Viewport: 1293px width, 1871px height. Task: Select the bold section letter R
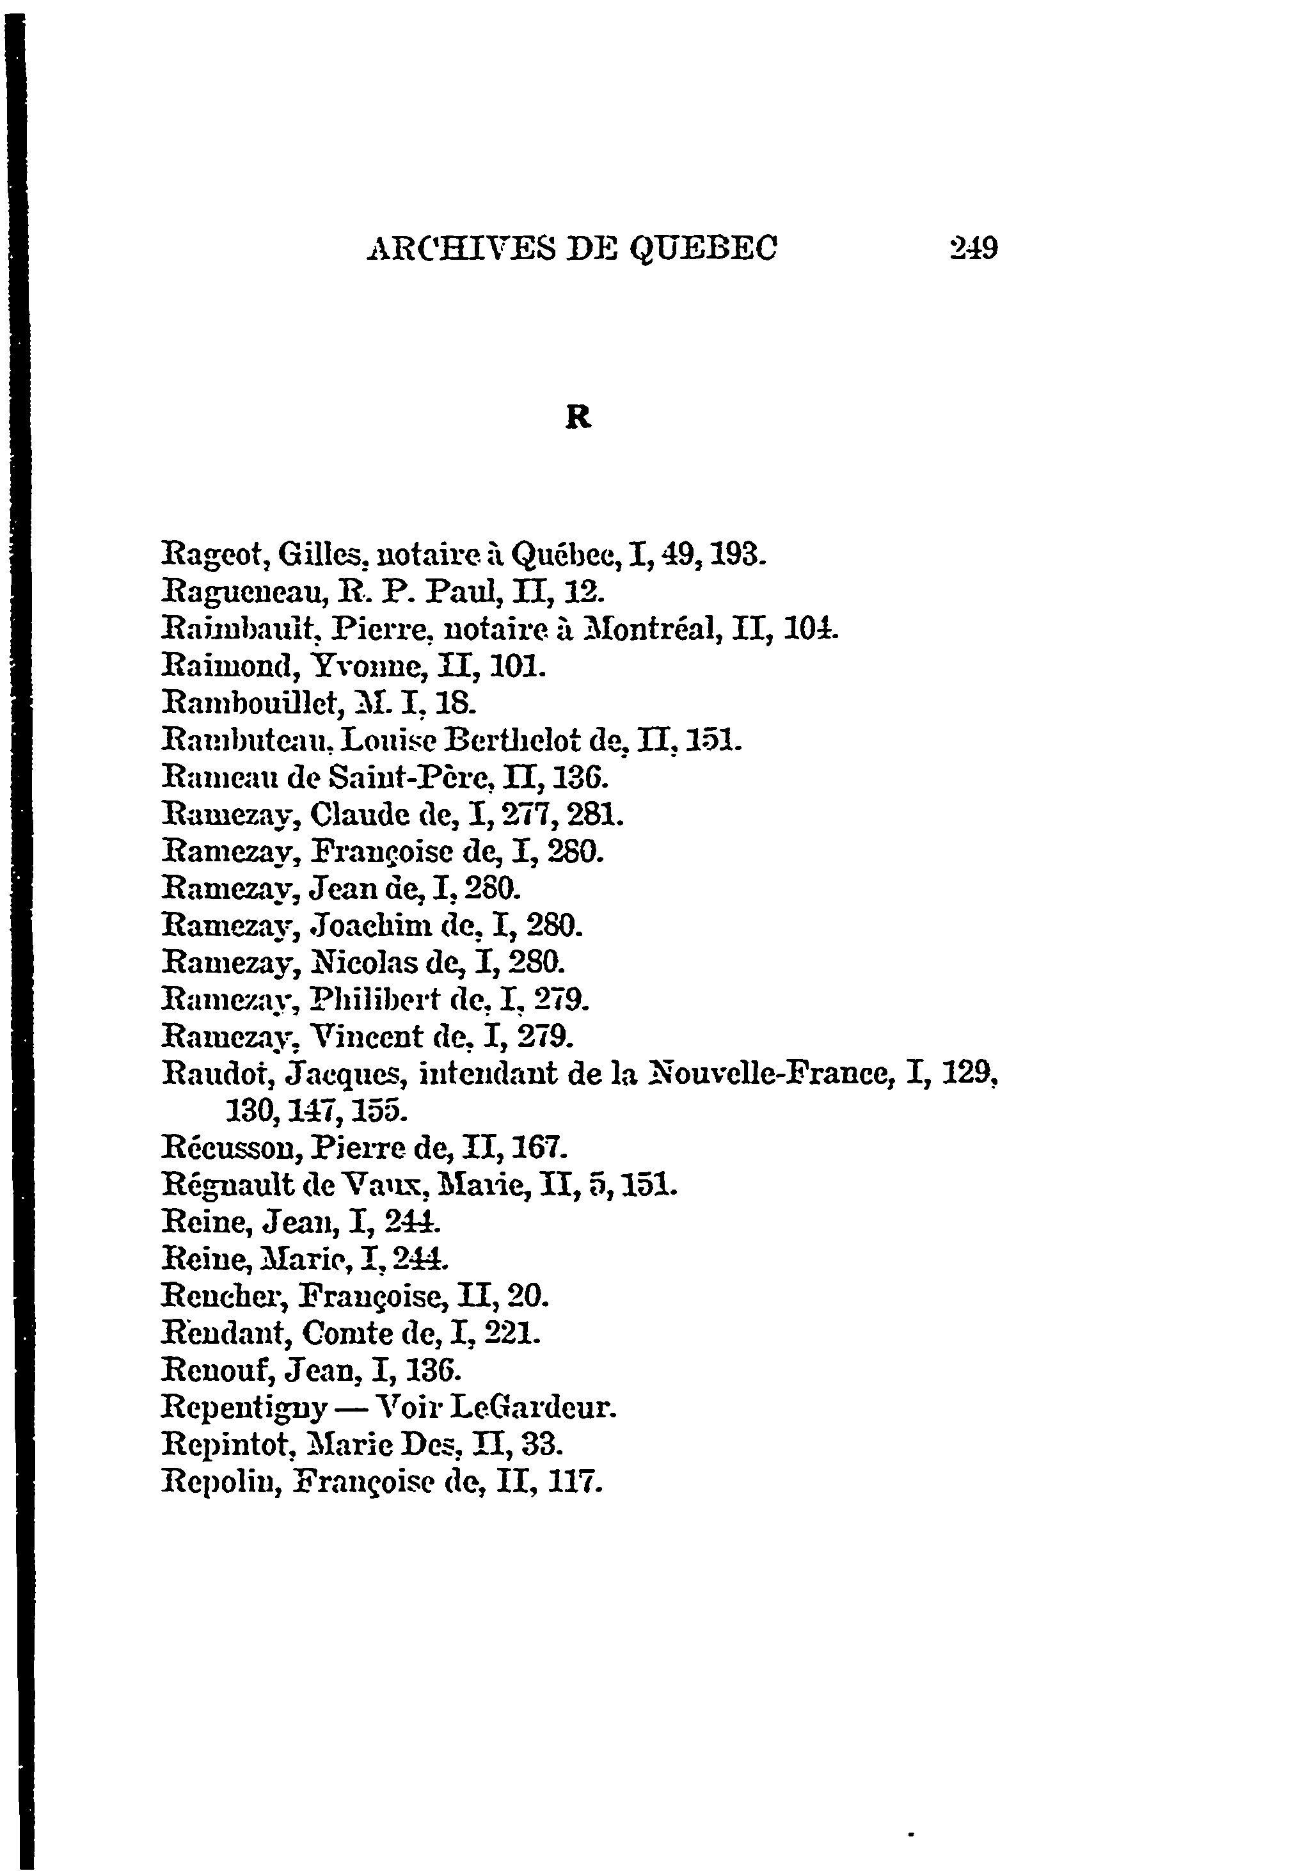(578, 417)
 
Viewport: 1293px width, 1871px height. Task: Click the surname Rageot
(215, 556)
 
